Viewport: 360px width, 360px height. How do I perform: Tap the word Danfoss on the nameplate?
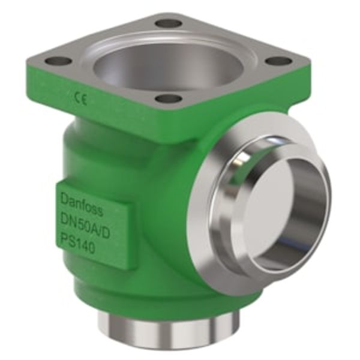coord(82,196)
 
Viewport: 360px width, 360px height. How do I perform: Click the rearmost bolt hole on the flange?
coord(169,23)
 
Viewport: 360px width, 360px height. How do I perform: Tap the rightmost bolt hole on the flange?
coord(280,61)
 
